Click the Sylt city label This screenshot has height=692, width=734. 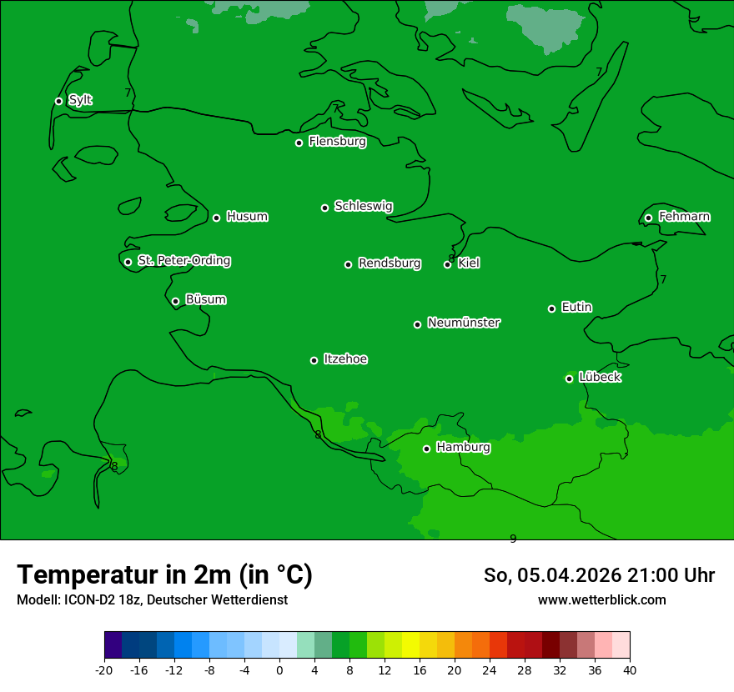click(x=80, y=100)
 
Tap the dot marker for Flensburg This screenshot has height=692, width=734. click(x=299, y=143)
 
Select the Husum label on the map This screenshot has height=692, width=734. click(x=247, y=217)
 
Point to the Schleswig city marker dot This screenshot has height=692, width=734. click(x=324, y=208)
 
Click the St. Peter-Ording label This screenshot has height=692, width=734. click(x=184, y=261)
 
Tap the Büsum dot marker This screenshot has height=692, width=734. click(x=175, y=301)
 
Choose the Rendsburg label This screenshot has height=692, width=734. click(x=390, y=263)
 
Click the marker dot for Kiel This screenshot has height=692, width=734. click(x=447, y=264)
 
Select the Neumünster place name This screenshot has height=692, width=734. click(x=464, y=323)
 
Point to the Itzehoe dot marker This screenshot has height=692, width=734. click(x=314, y=360)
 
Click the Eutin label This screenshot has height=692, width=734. click(x=576, y=308)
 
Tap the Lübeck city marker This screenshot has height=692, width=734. click(x=569, y=379)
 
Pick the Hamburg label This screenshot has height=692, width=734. click(x=463, y=448)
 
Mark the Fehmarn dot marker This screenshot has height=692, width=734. click(x=648, y=218)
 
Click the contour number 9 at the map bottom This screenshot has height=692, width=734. click(x=513, y=539)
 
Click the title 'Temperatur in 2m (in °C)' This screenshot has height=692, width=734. click(x=165, y=574)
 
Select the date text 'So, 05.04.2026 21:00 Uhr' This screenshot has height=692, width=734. click(x=599, y=575)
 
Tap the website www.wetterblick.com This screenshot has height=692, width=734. click(x=601, y=600)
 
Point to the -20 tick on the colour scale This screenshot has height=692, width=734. click(x=104, y=669)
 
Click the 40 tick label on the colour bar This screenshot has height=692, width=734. click(x=630, y=669)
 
